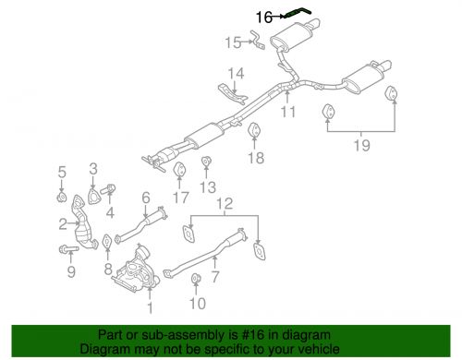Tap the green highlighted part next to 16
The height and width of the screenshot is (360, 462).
pyautogui.click(x=298, y=12)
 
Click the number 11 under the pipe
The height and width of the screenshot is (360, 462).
pyautogui.click(x=287, y=114)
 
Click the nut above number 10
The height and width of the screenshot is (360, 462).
pyautogui.click(x=194, y=279)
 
